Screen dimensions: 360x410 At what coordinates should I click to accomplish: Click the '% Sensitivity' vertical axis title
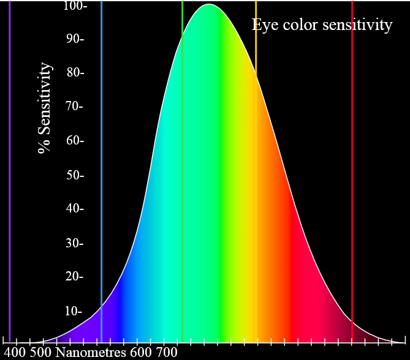pyautogui.click(x=45, y=108)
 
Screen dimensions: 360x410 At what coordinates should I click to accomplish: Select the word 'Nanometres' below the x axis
pyautogui.click(x=91, y=352)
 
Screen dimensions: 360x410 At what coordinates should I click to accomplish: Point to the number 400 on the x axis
pyautogui.click(x=15, y=352)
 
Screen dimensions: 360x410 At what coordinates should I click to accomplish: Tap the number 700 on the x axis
pyautogui.click(x=166, y=352)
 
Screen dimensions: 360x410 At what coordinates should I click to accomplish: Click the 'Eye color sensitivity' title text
pyautogui.click(x=322, y=25)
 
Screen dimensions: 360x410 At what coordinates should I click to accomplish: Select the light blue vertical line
pyautogui.click(x=101, y=153)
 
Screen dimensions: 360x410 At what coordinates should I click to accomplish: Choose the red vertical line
pyautogui.click(x=352, y=153)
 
